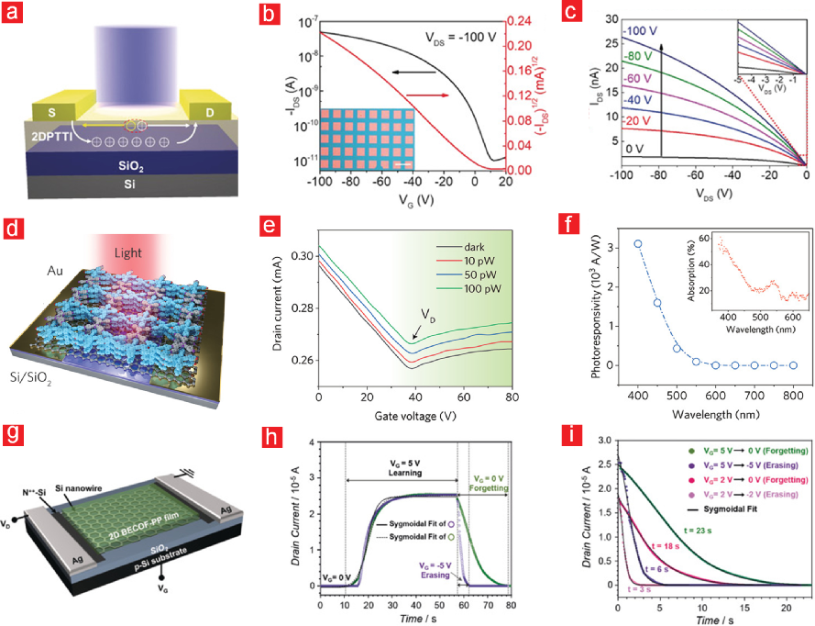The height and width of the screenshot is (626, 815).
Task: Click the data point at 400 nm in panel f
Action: coord(638,243)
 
